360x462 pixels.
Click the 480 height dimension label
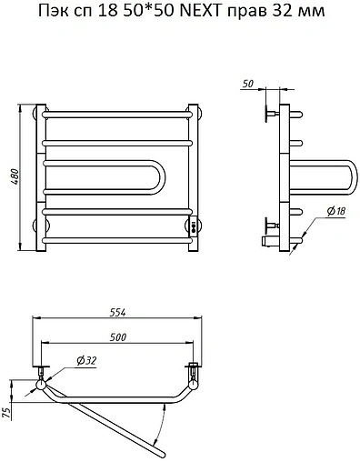[15, 177]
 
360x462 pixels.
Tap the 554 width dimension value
[117, 313]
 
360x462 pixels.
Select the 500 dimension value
[117, 337]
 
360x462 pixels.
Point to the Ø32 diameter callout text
[86, 361]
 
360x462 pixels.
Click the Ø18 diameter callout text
[336, 211]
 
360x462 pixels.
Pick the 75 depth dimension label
[7, 413]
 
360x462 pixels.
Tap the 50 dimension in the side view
[248, 84]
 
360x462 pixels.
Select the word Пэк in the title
[52, 12]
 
